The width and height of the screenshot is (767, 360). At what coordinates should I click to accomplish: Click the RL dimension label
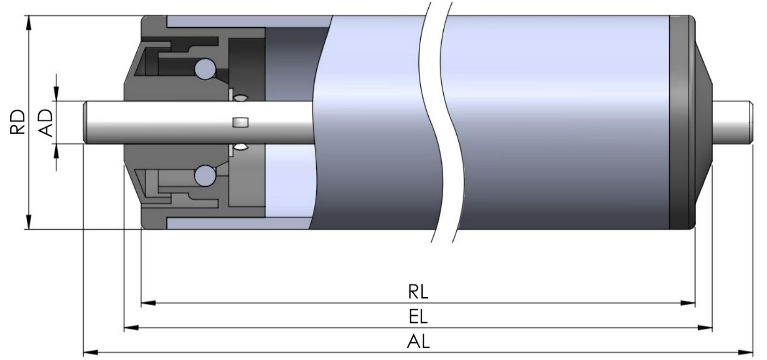tap(418, 292)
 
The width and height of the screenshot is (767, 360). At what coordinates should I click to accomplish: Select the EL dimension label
tap(418, 317)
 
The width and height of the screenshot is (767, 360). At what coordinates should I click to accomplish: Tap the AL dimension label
tap(418, 341)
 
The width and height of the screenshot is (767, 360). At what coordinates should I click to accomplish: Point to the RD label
tap(17, 122)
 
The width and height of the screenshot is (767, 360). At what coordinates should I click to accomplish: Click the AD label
tap(45, 123)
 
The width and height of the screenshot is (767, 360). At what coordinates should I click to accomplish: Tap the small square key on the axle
tap(240, 122)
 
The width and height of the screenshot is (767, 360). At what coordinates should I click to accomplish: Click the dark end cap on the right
tap(680, 122)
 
